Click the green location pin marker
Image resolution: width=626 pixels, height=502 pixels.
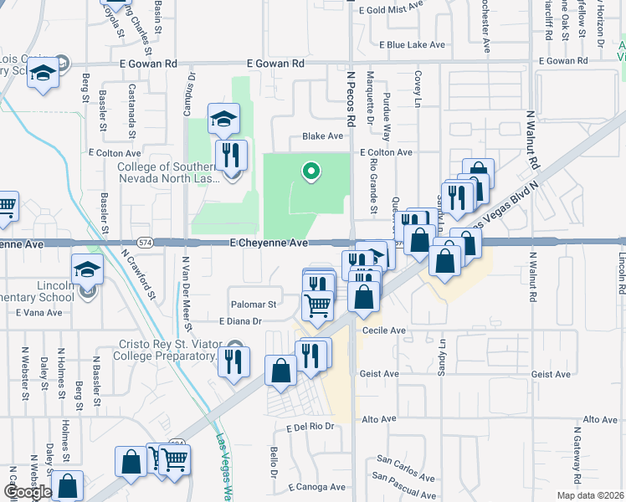(x=310, y=172)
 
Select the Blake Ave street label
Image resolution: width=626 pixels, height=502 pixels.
(x=323, y=136)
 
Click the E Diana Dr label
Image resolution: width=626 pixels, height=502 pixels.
(x=241, y=321)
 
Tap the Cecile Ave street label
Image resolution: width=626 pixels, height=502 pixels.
(x=383, y=331)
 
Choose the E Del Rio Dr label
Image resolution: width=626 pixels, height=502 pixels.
(x=310, y=427)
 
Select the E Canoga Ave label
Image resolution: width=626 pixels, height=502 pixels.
(x=316, y=487)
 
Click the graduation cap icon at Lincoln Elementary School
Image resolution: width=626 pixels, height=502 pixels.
(x=86, y=269)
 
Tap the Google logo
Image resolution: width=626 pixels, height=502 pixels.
(x=27, y=492)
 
